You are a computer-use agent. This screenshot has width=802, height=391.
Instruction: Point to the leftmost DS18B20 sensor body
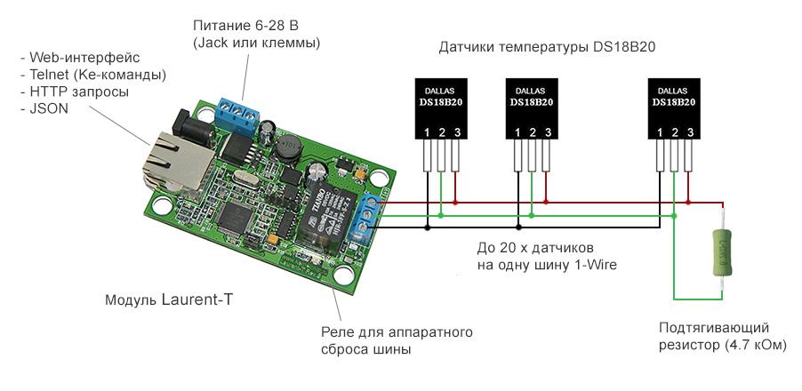tap(440, 108)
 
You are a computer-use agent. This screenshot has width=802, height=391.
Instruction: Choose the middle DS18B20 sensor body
tap(532, 108)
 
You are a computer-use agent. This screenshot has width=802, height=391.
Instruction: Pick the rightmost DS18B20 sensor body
tap(673, 108)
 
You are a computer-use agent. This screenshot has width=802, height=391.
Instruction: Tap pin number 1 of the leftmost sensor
tap(426, 133)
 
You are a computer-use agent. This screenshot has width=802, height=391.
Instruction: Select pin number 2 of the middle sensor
tap(532, 133)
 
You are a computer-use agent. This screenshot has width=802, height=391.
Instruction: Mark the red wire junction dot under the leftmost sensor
tap(455, 203)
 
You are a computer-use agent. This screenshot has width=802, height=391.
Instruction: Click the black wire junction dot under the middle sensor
tap(517, 227)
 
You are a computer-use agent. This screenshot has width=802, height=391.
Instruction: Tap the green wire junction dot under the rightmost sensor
tap(674, 214)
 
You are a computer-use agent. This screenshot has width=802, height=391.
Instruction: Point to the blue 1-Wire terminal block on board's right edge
tap(361, 219)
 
